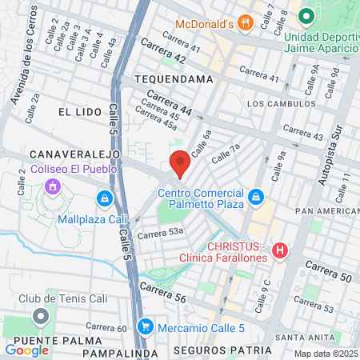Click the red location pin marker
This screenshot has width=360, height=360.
180,163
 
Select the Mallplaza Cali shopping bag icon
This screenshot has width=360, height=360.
103,198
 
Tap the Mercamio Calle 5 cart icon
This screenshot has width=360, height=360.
144,326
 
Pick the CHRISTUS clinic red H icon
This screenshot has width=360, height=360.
279,251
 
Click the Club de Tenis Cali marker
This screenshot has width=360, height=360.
41,317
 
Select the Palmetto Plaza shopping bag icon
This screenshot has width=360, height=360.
254,196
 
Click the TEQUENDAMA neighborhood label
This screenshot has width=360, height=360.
174,79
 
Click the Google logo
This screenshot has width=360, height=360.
26,350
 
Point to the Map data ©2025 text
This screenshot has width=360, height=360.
326,354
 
